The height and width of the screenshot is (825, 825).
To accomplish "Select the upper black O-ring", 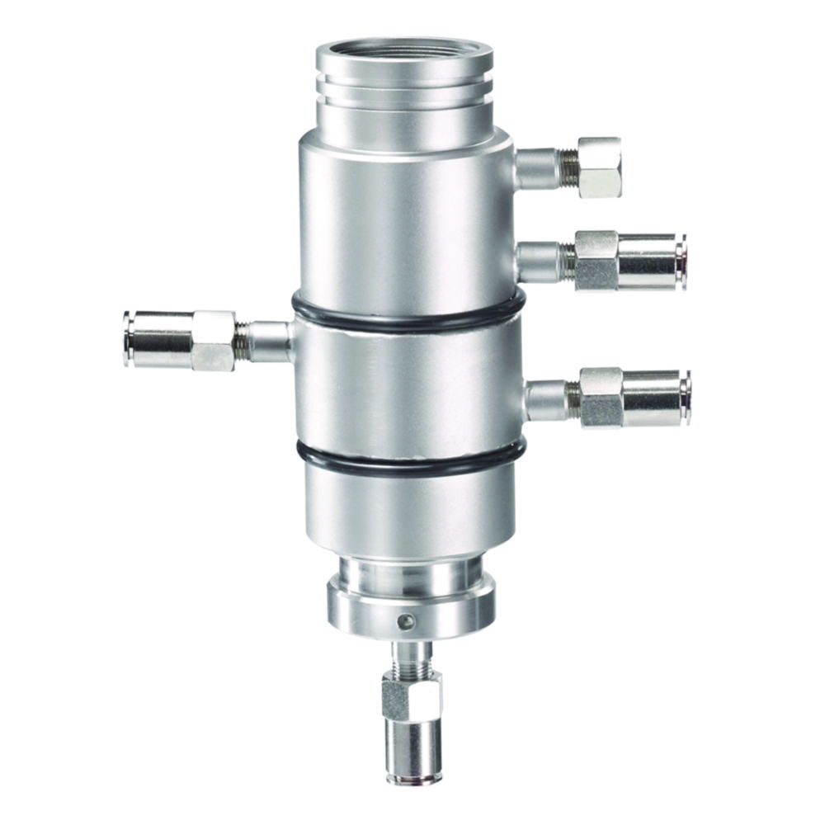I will [408, 320].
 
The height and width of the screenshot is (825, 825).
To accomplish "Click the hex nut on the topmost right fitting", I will [599, 167].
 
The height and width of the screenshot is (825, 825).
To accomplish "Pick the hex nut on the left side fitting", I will [213, 340].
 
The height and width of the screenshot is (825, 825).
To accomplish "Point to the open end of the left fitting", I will [128, 338].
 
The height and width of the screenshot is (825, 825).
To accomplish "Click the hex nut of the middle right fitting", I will [596, 260].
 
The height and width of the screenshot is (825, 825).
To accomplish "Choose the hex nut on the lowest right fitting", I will [601, 397].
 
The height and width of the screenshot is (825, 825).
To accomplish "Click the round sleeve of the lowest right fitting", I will [656, 398].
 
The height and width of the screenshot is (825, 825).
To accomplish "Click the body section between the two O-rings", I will [408, 388].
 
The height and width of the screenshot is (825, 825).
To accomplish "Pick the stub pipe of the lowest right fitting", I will [546, 399].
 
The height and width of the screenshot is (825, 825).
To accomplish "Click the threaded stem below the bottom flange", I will [410, 655].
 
